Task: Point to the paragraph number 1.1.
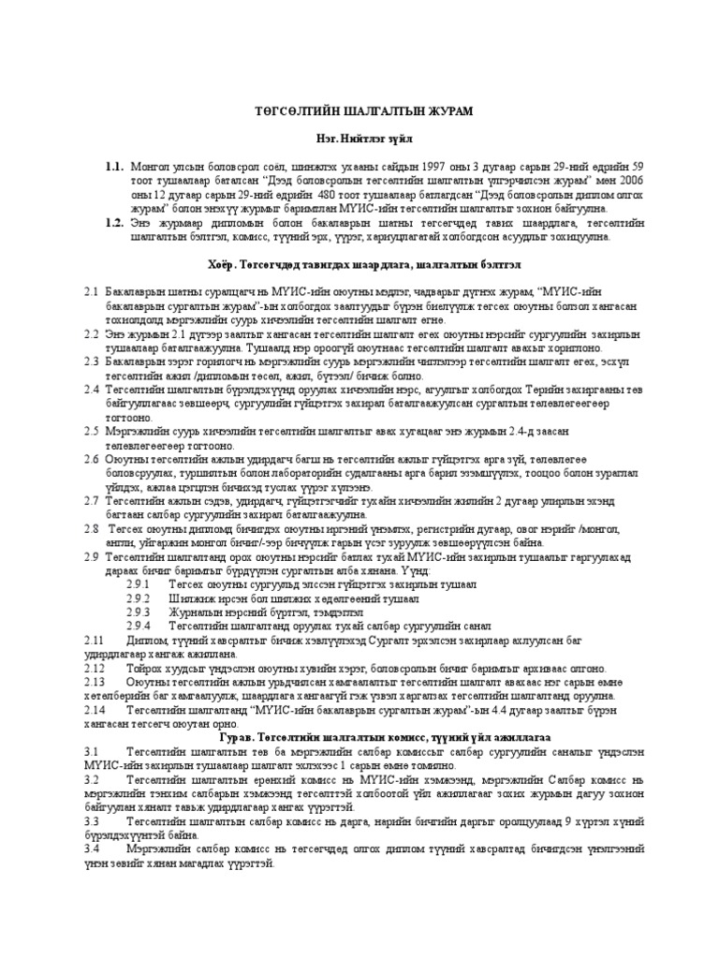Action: tap(115, 166)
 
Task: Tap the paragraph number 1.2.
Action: tap(115, 223)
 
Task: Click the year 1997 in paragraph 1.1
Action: tap(436, 166)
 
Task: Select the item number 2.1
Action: tap(90, 294)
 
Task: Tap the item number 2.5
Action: tap(90, 430)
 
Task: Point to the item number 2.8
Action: tap(90, 527)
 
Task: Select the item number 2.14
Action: tap(95, 710)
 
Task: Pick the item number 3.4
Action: tap(90, 851)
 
